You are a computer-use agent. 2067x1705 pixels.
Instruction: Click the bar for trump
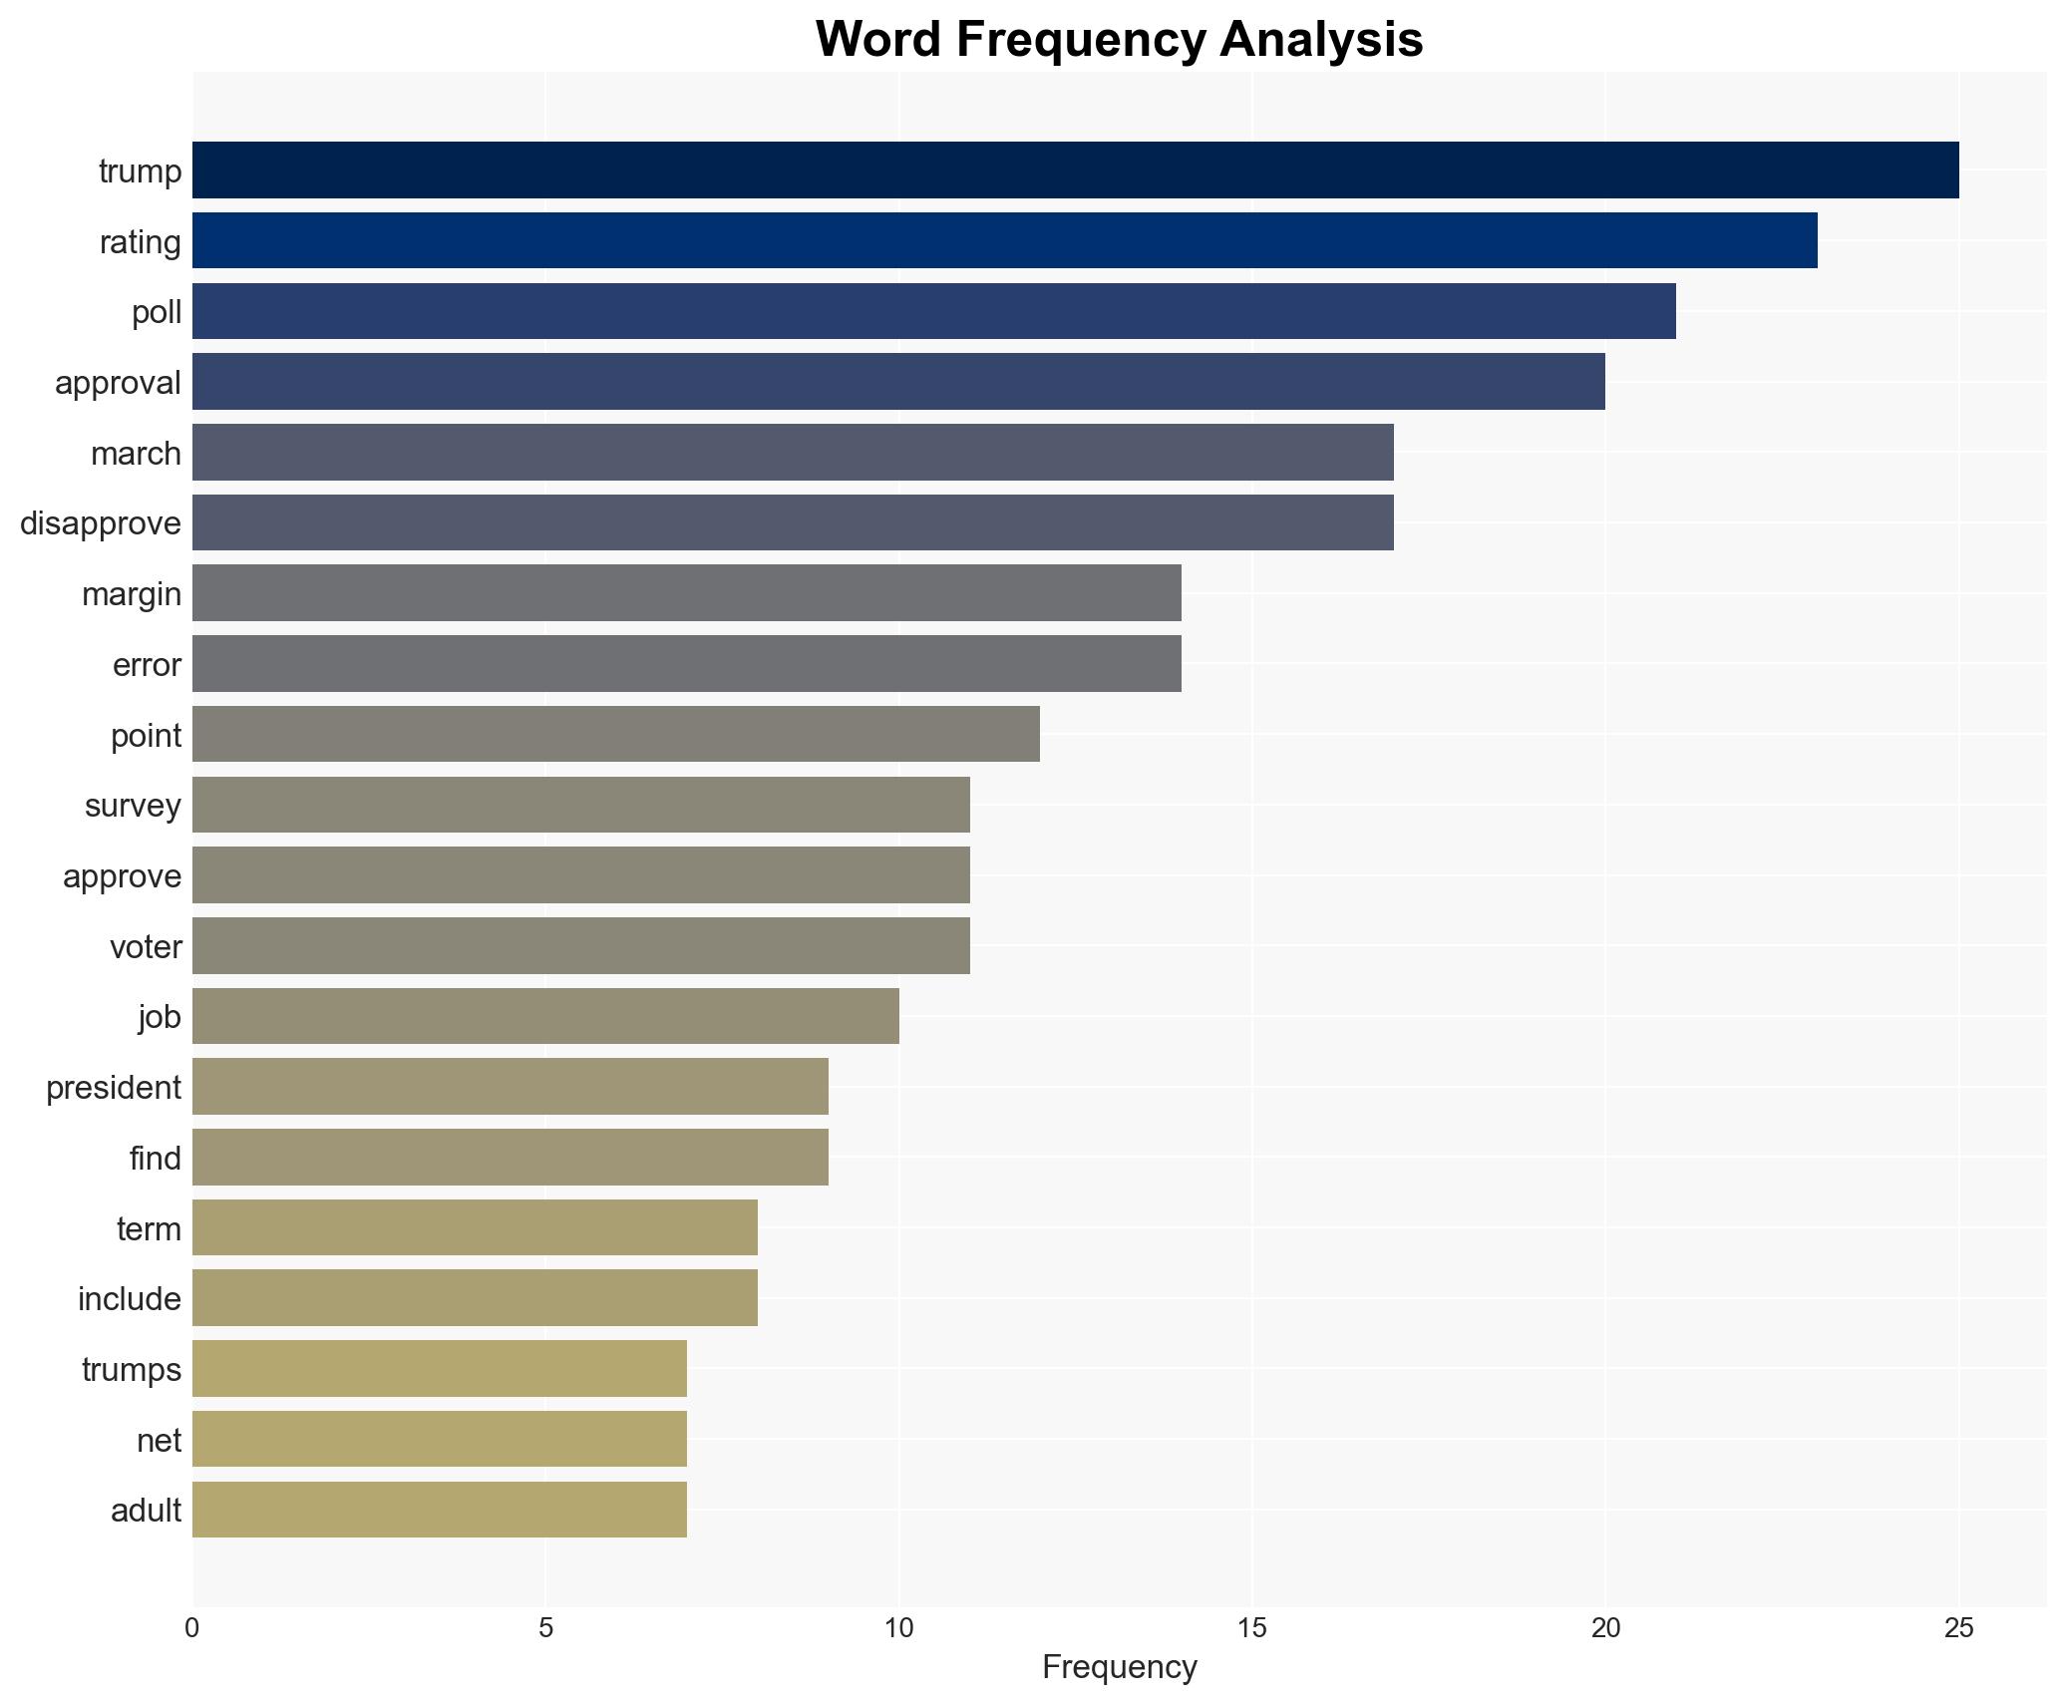pyautogui.click(x=1075, y=170)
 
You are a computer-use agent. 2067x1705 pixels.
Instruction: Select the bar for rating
pyautogui.click(x=1004, y=240)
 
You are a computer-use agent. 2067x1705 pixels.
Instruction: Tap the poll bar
pyautogui.click(x=933, y=311)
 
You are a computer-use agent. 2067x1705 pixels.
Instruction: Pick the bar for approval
pyautogui.click(x=898, y=382)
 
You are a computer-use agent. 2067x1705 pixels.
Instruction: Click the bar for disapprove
pyautogui.click(x=793, y=522)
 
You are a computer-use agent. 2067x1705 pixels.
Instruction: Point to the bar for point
pyautogui.click(x=615, y=735)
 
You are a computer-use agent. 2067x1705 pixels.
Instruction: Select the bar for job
pyautogui.click(x=545, y=1016)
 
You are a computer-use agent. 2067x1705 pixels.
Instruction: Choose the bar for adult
pyautogui.click(x=439, y=1510)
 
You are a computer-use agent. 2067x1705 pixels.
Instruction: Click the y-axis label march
pyautogui.click(x=136, y=454)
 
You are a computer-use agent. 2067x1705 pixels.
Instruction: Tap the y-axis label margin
pyautogui.click(x=132, y=594)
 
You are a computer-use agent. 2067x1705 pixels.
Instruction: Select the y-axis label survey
pyautogui.click(x=133, y=806)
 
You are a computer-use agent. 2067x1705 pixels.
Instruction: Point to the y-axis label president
pyautogui.click(x=114, y=1088)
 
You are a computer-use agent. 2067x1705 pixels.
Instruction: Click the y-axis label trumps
pyautogui.click(x=132, y=1370)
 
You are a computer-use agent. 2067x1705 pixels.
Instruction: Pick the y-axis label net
pyautogui.click(x=159, y=1441)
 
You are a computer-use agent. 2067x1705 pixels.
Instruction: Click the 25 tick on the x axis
pyautogui.click(x=1958, y=1628)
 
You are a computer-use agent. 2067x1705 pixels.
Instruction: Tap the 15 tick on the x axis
pyautogui.click(x=1251, y=1628)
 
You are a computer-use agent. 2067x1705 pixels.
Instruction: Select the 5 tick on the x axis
pyautogui.click(x=545, y=1628)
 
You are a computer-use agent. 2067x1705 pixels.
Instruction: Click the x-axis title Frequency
pyautogui.click(x=1119, y=1668)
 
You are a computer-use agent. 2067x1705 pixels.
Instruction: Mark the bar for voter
pyautogui.click(x=580, y=946)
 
